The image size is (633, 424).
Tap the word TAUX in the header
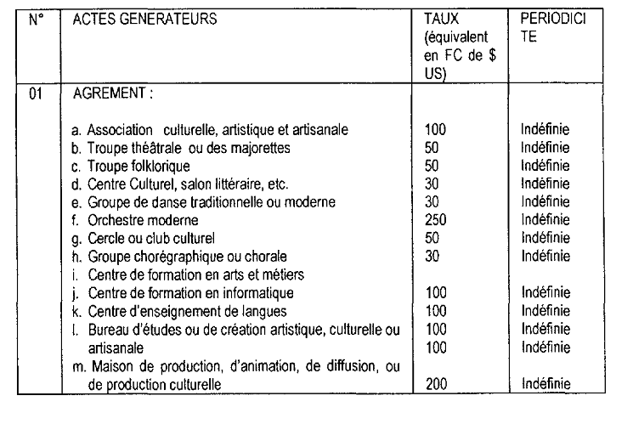pyautogui.click(x=439, y=18)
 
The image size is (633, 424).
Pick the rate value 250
pyautogui.click(x=434, y=220)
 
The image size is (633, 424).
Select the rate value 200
pyautogui.click(x=434, y=385)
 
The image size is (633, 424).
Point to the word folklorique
pyautogui.click(x=159, y=165)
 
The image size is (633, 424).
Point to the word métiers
pyautogui.click(x=281, y=274)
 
